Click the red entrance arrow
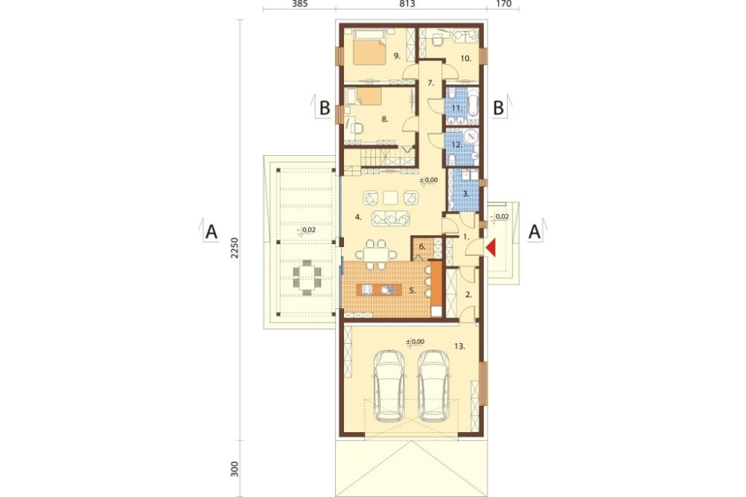[491, 248]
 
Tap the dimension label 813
[407, 4]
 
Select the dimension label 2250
[234, 248]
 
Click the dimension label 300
[234, 469]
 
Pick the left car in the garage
[389, 386]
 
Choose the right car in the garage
[433, 386]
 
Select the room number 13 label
[459, 346]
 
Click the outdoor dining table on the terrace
[307, 278]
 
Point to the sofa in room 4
[390, 218]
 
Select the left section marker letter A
[211, 232]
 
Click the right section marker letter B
[498, 108]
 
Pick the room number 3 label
[466, 194]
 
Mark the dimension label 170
[504, 4]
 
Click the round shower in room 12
[471, 136]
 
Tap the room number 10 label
[466, 58]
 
